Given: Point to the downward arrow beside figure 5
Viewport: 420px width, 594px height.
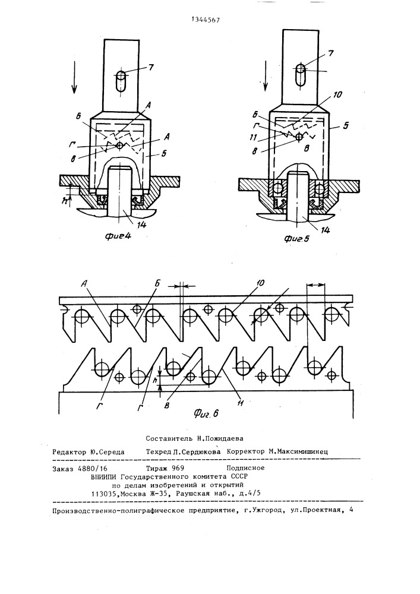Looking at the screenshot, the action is [x=266, y=75].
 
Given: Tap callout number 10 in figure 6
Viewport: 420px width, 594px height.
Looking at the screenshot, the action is [x=260, y=283].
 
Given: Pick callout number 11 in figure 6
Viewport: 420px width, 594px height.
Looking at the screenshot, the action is [x=240, y=403].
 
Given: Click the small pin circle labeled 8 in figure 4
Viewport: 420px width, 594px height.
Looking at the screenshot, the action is [x=120, y=145].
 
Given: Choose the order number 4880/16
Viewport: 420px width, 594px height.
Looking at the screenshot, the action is [x=93, y=468].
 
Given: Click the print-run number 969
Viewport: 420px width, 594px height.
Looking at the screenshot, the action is [x=178, y=468].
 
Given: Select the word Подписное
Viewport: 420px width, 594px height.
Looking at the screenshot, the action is [x=245, y=468].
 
